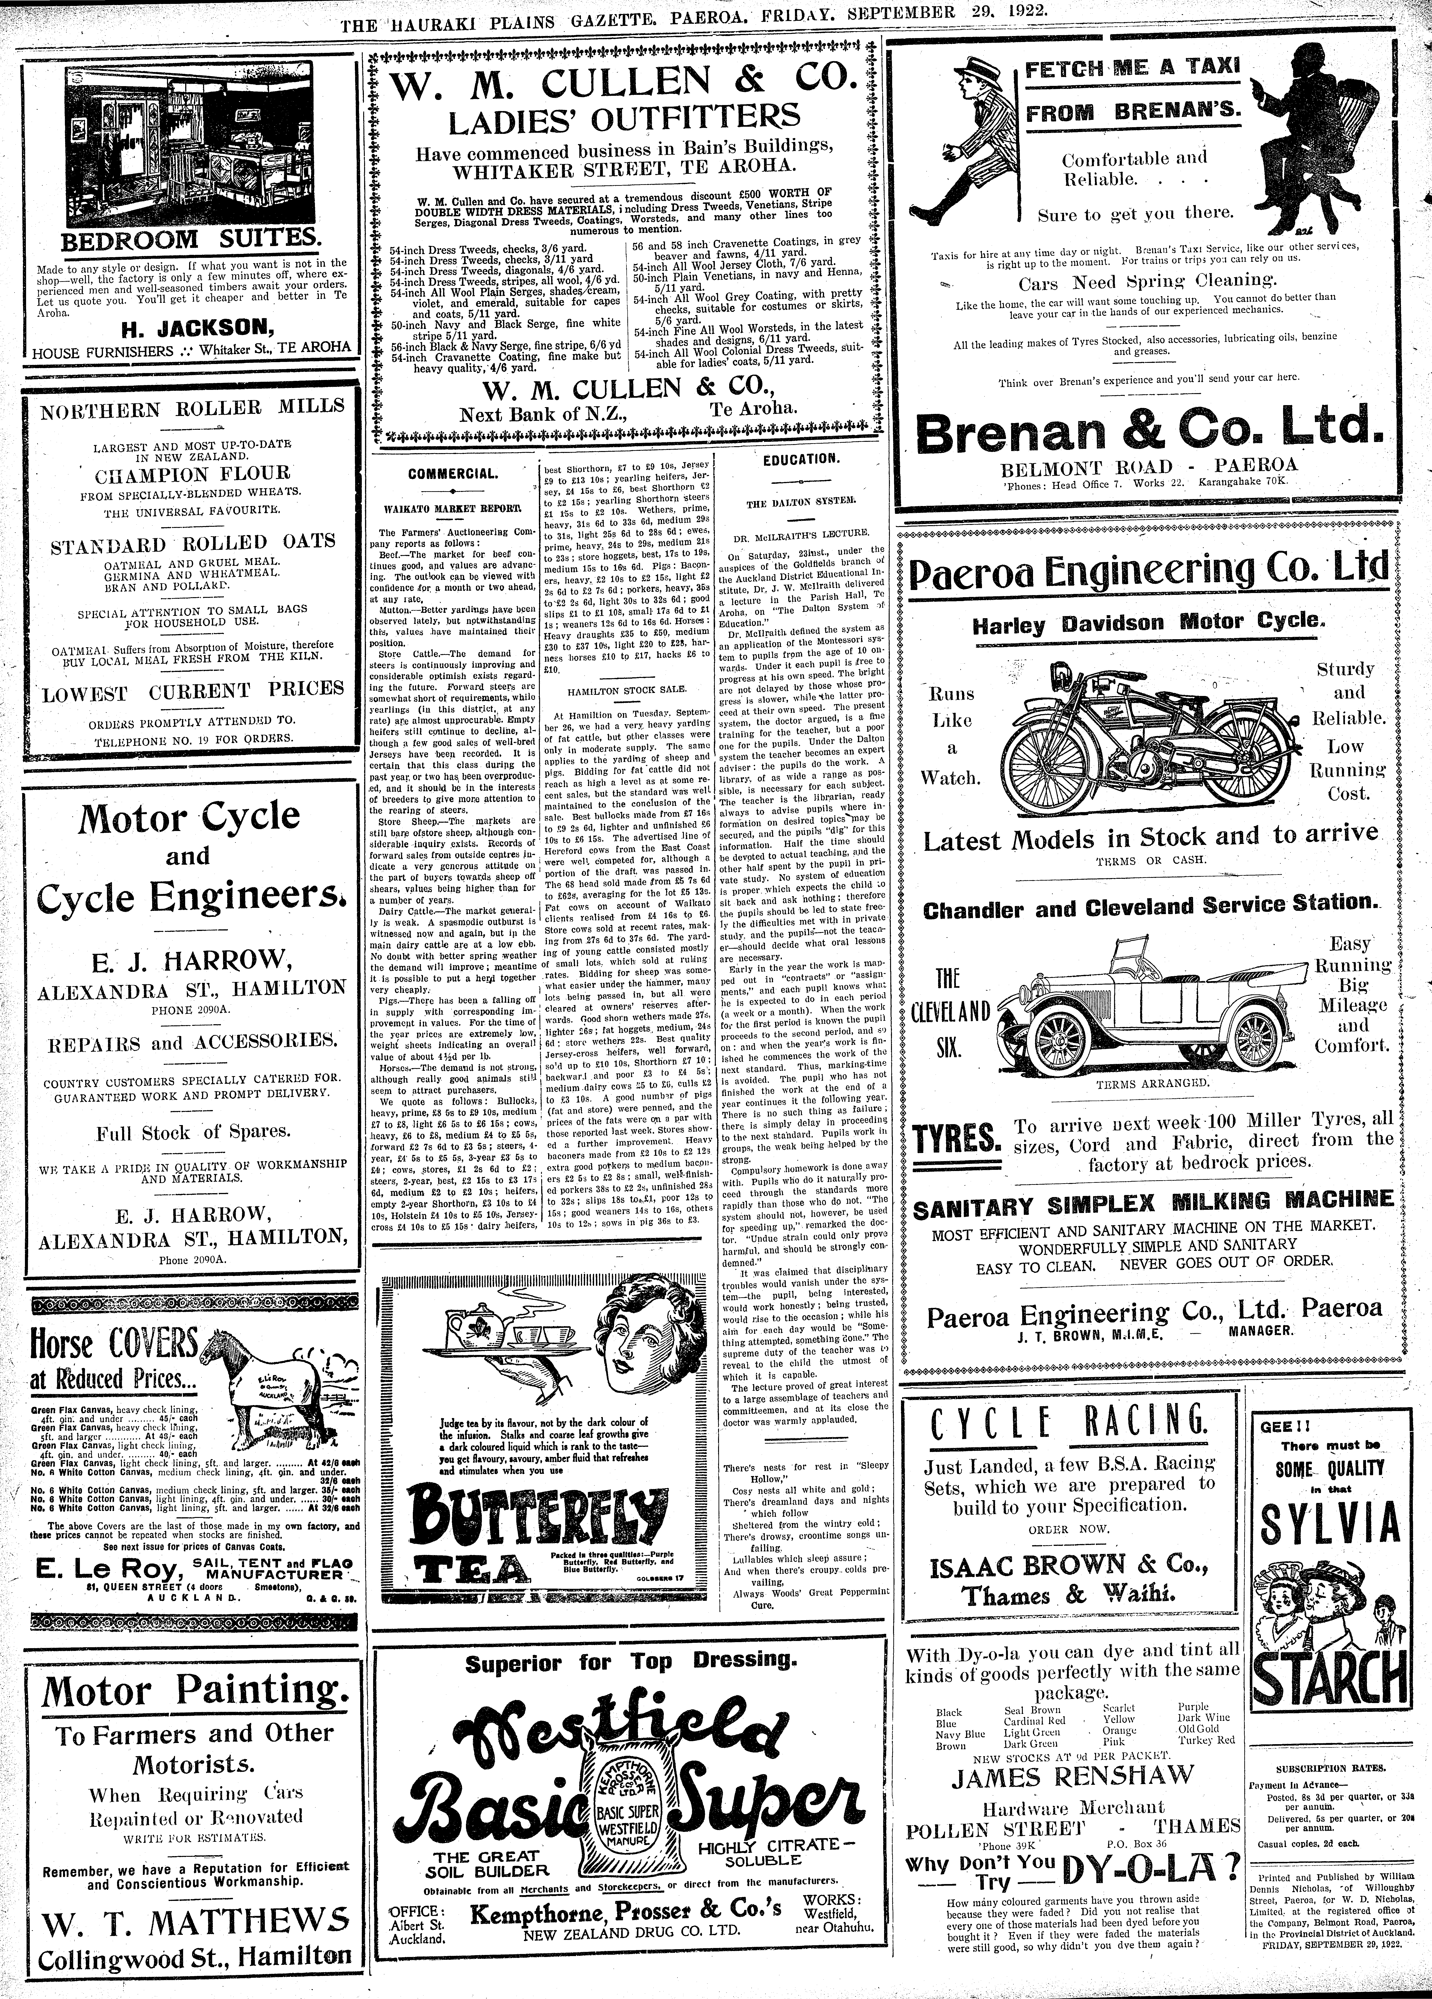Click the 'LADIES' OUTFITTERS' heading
pos(626,115)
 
